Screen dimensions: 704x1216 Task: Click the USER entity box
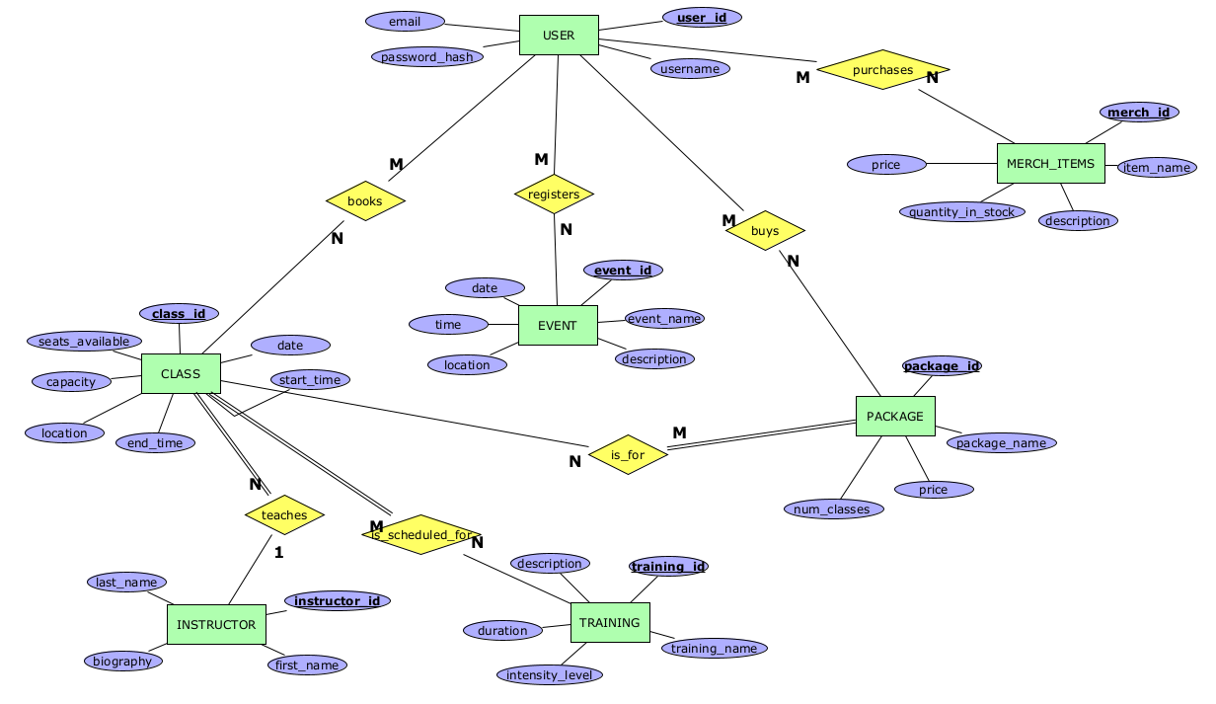(x=559, y=36)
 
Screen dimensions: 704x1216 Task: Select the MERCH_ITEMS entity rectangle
(x=1050, y=163)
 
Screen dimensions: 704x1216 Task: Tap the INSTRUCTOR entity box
(x=216, y=624)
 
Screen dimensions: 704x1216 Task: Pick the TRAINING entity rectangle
(x=610, y=622)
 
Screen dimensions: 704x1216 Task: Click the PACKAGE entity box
(x=894, y=416)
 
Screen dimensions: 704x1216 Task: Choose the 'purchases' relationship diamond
(x=882, y=70)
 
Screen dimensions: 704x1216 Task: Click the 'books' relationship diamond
(x=365, y=201)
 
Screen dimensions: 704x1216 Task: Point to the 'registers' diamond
(x=554, y=195)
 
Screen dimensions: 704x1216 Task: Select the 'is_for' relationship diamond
(x=628, y=455)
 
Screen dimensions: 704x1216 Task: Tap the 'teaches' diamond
(x=284, y=514)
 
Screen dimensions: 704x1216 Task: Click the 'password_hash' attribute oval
(x=427, y=56)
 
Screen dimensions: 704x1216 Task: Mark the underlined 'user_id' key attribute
(x=702, y=18)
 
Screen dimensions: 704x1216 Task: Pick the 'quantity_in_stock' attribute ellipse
(x=961, y=211)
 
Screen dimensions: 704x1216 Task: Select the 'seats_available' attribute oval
(x=84, y=342)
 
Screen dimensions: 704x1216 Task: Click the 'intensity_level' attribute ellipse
(x=550, y=675)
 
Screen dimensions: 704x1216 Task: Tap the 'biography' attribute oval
(x=123, y=661)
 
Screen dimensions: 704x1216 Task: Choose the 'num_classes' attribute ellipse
(x=834, y=509)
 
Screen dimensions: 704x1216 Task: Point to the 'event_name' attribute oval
(x=664, y=318)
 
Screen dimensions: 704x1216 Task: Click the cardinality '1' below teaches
(x=278, y=553)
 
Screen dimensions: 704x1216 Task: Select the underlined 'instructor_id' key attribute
(x=338, y=600)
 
